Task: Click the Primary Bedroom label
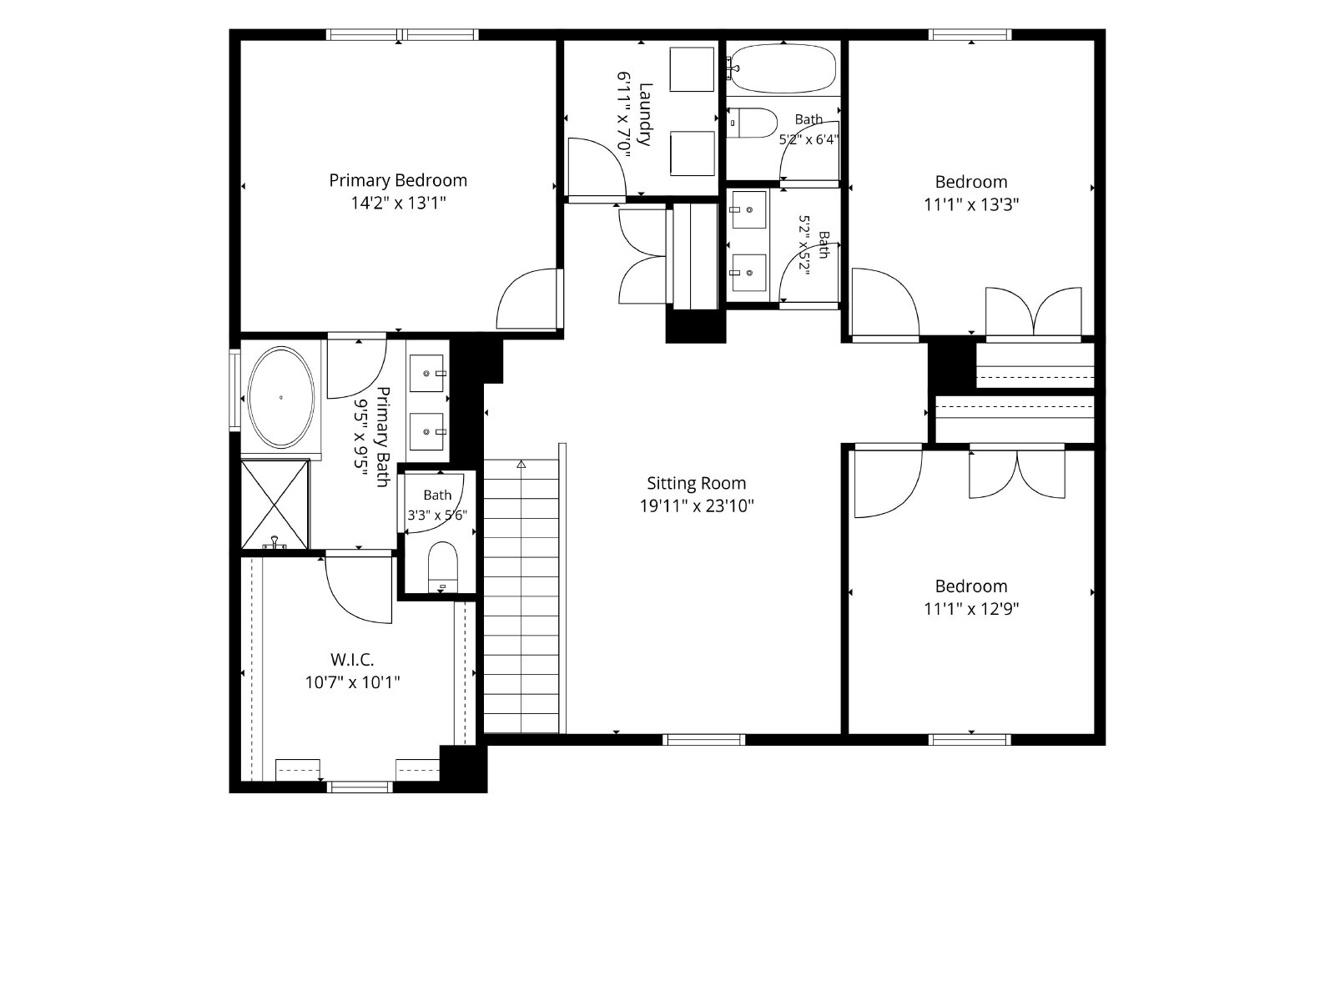click(398, 180)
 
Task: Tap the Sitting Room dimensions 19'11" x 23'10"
click(697, 506)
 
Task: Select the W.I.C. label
click(352, 659)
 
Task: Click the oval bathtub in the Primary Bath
click(281, 398)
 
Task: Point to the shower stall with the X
click(275, 505)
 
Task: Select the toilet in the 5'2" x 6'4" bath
click(753, 123)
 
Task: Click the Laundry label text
click(645, 114)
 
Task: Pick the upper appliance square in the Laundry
click(692, 69)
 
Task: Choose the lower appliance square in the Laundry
click(693, 153)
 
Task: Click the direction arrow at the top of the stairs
click(521, 465)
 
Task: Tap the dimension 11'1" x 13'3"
click(971, 205)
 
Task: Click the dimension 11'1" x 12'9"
click(971, 609)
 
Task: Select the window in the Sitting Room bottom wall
click(703, 740)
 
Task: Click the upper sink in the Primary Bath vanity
click(426, 373)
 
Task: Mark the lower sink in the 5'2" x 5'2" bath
click(748, 272)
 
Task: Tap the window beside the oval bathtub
click(234, 390)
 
